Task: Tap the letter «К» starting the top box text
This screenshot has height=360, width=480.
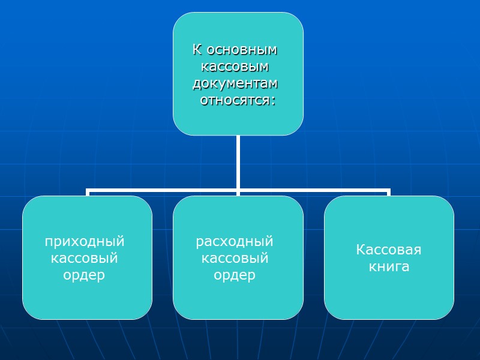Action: pos(196,49)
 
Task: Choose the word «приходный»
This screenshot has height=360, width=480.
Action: pos(85,242)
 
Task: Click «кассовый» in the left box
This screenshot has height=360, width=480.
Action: pos(85,259)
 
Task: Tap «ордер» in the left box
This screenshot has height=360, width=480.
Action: pos(85,275)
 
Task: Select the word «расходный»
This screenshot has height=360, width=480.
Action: pos(235,242)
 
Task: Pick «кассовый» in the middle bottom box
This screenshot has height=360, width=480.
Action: pos(235,259)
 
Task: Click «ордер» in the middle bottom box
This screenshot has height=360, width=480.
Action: pos(235,275)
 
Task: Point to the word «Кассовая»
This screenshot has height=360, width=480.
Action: pos(389,250)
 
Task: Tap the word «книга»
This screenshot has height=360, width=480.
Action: pos(389,266)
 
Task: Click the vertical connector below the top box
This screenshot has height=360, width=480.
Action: pos(238,162)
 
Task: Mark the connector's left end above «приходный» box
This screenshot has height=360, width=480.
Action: pos(88,192)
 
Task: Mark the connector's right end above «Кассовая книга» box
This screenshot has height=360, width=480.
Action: pos(388,192)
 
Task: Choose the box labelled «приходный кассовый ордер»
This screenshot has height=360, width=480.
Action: pos(87,300)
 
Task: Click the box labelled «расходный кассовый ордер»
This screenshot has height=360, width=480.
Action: pos(238,300)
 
